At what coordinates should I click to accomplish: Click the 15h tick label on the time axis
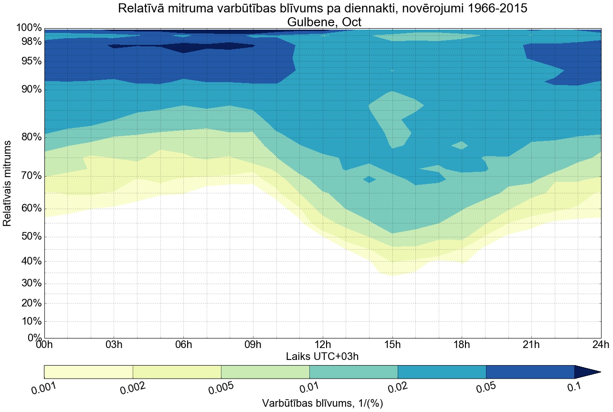392,345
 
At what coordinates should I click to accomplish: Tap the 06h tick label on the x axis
183,345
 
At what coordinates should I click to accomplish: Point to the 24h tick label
600,345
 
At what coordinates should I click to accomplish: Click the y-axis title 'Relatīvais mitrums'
8,183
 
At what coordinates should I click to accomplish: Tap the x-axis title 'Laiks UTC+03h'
322,356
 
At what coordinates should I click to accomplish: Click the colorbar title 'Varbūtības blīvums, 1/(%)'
322,403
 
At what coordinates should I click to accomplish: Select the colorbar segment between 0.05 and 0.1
530,372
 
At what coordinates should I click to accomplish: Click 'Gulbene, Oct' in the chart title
322,22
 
